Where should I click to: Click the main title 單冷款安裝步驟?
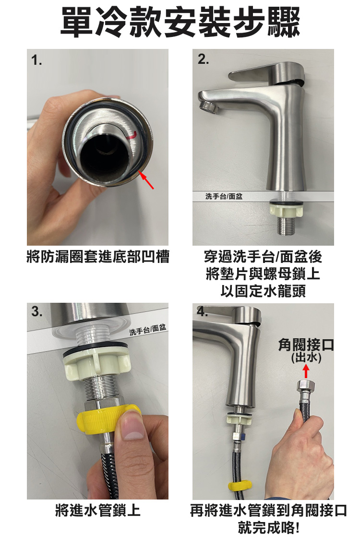tap(180, 22)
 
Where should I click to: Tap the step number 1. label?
tap(36, 60)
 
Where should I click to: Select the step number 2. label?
tap(203, 59)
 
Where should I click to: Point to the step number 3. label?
tap(36, 311)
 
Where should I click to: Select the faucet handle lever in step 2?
tap(267, 73)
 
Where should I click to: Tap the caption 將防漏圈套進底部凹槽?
tap(98, 257)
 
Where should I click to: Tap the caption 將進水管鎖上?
tap(97, 511)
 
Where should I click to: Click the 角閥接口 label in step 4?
tap(306, 345)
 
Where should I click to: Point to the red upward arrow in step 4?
tap(306, 371)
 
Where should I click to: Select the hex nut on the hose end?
tap(306, 387)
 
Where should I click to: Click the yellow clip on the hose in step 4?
tap(240, 486)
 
